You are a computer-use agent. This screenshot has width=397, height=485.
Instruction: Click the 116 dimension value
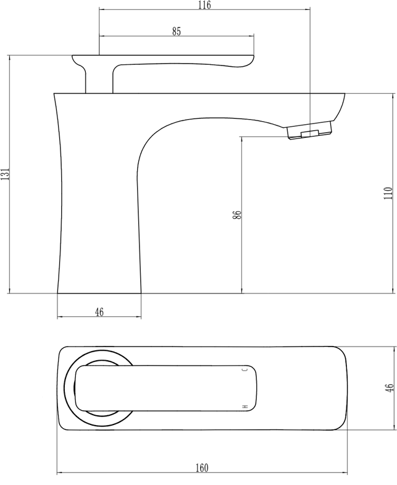(x=205, y=5)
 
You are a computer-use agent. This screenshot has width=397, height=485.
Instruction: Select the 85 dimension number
(x=177, y=32)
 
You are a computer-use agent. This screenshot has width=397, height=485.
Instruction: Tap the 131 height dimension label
(x=6, y=174)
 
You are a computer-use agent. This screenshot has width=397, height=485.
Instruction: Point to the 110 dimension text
(x=388, y=193)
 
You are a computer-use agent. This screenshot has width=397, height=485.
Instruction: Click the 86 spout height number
(x=237, y=214)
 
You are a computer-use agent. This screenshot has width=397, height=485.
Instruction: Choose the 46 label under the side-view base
(x=99, y=312)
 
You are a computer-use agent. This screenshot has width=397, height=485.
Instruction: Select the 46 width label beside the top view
(x=389, y=388)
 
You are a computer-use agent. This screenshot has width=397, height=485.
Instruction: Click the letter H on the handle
(x=246, y=407)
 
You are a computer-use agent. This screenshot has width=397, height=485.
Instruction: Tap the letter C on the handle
(x=246, y=369)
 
